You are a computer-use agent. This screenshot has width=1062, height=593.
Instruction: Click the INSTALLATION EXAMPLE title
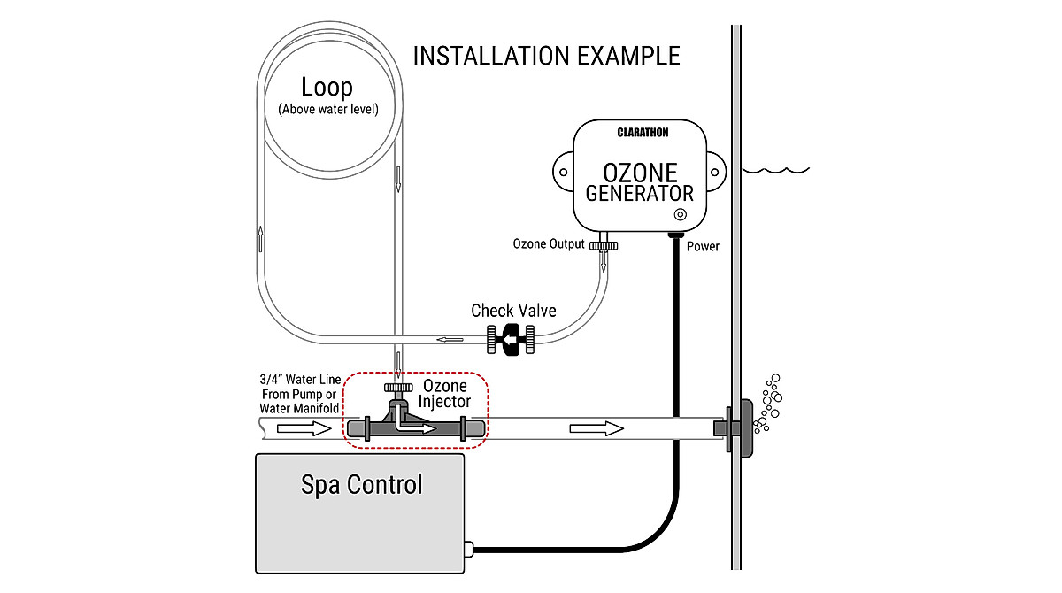click(546, 56)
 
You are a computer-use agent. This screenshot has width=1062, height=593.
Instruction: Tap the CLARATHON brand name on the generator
click(643, 133)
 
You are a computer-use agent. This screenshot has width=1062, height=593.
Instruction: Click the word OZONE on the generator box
click(640, 170)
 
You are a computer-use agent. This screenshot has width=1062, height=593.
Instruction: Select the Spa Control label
click(361, 484)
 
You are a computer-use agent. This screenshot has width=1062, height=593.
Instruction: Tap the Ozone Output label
click(549, 243)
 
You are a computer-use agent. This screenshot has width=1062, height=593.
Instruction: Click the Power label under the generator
click(703, 246)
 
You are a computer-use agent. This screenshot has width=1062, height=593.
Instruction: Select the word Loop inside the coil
click(327, 87)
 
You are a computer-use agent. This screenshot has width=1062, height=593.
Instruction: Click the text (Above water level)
click(327, 110)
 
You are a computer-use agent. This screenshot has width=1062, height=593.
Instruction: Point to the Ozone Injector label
click(446, 394)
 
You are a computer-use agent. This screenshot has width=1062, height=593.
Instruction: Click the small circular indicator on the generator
click(680, 214)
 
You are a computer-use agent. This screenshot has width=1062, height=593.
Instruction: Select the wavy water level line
click(776, 168)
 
